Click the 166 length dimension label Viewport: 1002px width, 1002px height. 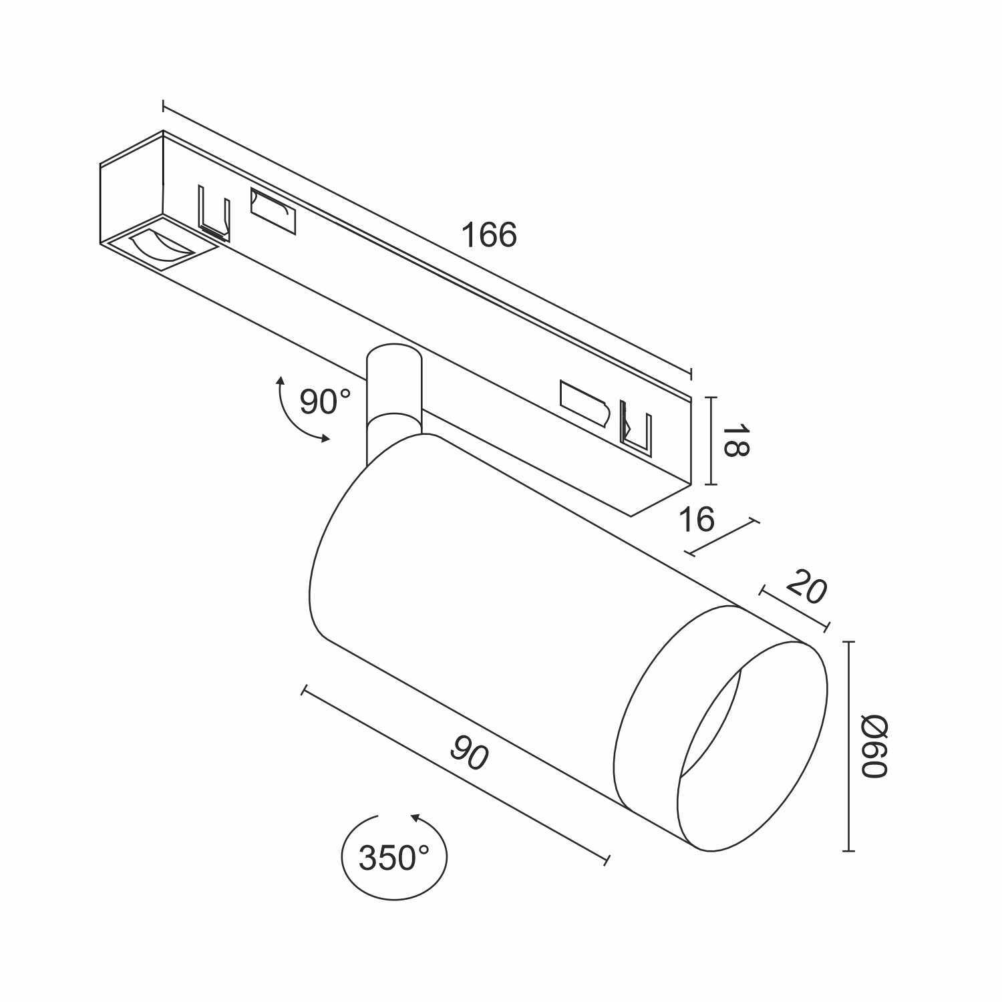tap(489, 235)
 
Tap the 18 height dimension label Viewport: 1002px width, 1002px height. tap(735, 440)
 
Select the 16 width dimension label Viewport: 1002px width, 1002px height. tap(697, 519)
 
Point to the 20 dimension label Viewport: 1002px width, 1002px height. tap(806, 588)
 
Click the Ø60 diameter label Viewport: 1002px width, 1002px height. tap(874, 746)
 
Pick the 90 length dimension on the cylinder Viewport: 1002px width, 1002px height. tap(470, 752)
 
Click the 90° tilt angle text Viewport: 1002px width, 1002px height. tap(325, 402)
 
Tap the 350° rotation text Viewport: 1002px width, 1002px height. tap(393, 858)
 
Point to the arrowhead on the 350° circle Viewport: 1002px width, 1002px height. tap(415, 817)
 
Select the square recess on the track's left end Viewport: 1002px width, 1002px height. tap(162, 247)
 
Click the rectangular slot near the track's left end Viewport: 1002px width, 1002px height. tap(273, 211)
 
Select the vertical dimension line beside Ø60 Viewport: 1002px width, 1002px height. tap(849, 745)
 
